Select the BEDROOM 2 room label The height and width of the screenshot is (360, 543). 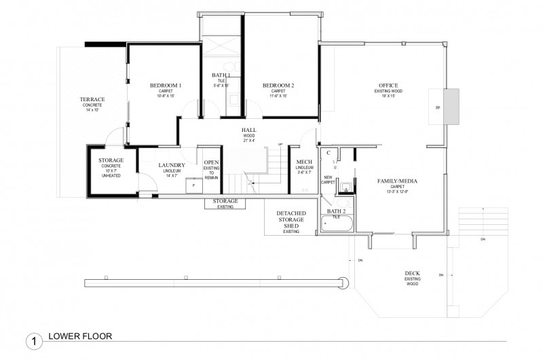click(278, 86)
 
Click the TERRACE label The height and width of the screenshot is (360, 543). click(92, 100)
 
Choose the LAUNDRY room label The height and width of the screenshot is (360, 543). click(172, 165)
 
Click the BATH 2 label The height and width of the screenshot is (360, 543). click(337, 211)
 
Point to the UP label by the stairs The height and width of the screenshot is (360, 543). click(280, 144)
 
